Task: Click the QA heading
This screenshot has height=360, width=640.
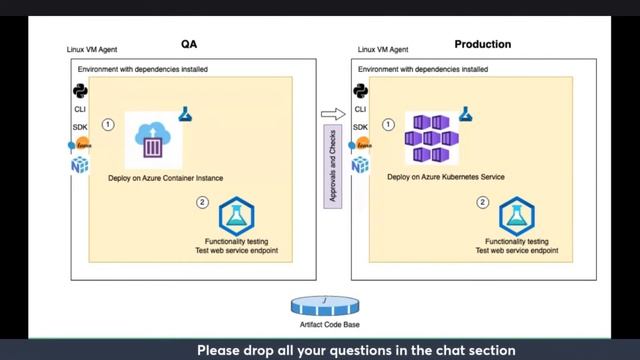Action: (x=189, y=45)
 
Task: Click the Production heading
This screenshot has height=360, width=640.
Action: (x=482, y=45)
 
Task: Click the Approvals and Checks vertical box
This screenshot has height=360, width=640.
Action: (x=333, y=164)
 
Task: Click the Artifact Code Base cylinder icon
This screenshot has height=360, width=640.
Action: (x=317, y=305)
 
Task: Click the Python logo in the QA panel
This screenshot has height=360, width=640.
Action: (x=80, y=91)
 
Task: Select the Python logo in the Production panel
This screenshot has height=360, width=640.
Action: (x=360, y=91)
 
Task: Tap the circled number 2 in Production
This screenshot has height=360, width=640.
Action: (x=482, y=203)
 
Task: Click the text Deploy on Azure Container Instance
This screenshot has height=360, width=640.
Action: (x=165, y=178)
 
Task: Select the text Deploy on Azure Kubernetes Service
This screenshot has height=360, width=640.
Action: (x=445, y=178)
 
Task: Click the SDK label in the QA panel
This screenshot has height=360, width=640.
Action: (x=80, y=127)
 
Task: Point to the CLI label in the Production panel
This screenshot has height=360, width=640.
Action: (x=360, y=109)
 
